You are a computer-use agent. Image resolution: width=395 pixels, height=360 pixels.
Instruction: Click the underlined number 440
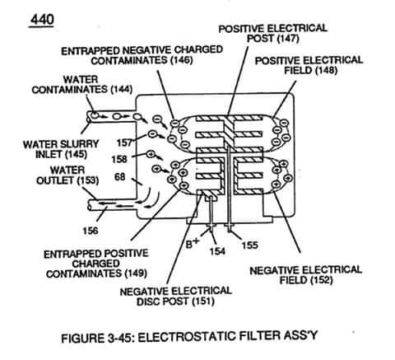pos(42,20)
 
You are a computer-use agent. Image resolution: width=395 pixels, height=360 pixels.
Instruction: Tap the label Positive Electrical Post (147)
pos(272,34)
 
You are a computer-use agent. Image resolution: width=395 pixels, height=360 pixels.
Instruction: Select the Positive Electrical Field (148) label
pos(309,65)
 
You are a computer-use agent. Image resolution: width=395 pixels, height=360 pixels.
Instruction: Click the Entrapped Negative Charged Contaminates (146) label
pos(142,55)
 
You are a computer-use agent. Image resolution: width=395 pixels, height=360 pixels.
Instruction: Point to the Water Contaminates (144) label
pos(82,85)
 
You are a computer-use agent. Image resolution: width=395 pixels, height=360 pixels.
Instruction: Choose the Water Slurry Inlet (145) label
pos(61,149)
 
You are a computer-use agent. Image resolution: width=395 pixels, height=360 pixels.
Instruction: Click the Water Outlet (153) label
pos(67,175)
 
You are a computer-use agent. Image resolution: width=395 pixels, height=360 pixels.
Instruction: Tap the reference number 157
pos(124,143)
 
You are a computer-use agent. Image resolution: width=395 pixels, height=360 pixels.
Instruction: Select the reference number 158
pos(119,159)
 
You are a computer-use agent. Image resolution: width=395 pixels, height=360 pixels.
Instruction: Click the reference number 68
pos(120,177)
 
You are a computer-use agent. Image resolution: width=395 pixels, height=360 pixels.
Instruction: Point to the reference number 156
pos(91,231)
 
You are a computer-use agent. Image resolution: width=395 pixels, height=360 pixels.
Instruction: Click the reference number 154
pos(217,251)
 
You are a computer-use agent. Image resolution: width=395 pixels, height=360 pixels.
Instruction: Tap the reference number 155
pos(249,245)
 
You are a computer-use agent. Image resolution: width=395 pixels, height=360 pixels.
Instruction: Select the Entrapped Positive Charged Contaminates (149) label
pos(96,264)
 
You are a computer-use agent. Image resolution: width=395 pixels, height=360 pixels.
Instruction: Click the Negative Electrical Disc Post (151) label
pos(176,297)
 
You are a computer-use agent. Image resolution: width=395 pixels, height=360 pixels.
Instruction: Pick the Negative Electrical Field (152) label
pos(306,275)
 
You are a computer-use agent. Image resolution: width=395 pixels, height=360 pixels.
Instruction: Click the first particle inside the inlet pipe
pos(94,116)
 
